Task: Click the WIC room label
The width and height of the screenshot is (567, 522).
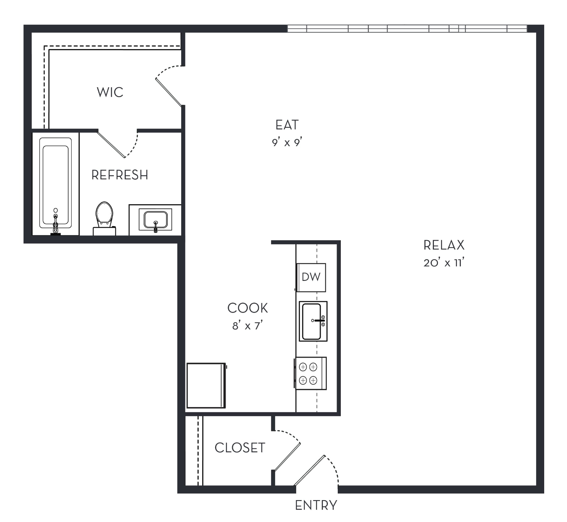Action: coord(110,92)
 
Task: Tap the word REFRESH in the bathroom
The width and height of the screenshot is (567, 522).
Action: coord(120,175)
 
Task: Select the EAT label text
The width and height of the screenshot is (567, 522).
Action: coord(287,125)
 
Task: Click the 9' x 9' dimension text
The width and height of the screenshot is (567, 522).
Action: coord(287,142)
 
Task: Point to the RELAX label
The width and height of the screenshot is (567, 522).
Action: coord(444,245)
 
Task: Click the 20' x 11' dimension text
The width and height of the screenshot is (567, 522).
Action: coord(444,263)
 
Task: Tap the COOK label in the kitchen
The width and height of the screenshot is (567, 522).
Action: coord(248,308)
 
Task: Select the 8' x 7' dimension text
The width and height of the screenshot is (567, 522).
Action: coord(248,326)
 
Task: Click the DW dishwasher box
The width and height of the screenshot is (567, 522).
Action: coord(311,277)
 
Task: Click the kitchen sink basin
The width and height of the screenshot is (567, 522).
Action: coord(311,321)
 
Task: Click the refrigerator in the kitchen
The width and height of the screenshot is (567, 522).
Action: coord(206,385)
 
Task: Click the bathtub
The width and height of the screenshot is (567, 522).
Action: coord(55,183)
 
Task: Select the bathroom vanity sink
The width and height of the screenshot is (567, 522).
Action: coord(155,220)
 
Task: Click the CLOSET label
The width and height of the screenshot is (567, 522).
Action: coord(240,448)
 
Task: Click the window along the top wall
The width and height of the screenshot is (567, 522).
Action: coord(407,29)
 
